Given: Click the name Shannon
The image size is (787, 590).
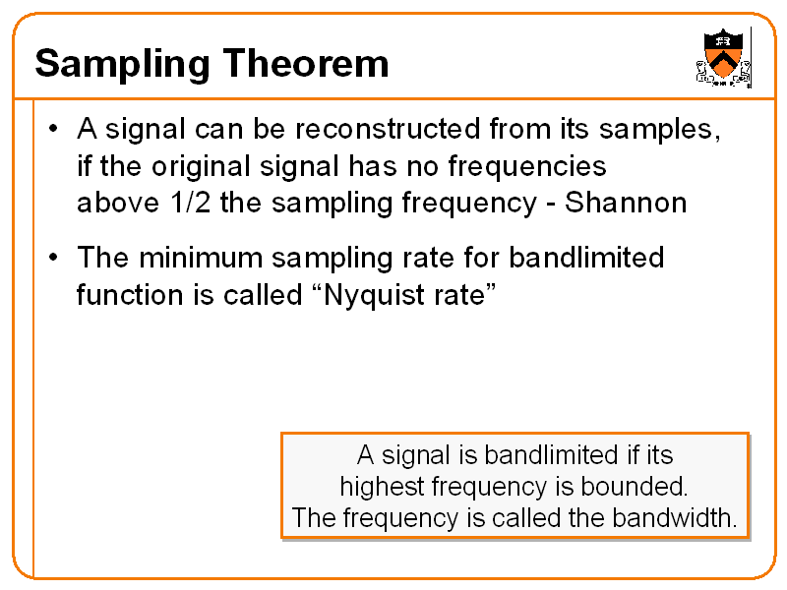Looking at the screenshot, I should [626, 203].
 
